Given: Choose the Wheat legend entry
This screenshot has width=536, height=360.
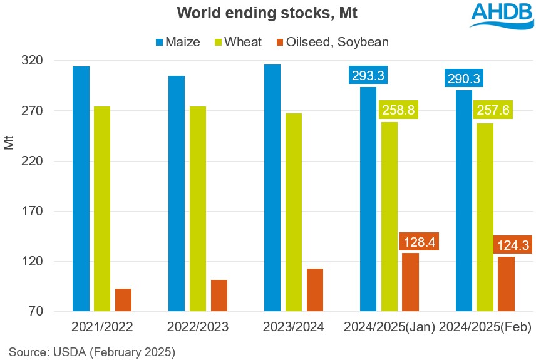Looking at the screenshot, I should point(240,42).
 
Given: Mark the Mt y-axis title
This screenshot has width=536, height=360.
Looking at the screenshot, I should point(9,142).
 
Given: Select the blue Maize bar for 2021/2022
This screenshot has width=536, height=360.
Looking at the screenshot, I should point(81,188).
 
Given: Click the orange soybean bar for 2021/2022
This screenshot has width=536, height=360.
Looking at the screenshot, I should point(123,299).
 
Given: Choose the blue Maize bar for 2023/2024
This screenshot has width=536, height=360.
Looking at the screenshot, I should point(272,188).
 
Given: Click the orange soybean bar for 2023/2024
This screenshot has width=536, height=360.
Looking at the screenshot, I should point(315,289).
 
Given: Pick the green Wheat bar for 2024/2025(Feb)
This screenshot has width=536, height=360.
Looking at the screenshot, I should point(485,217).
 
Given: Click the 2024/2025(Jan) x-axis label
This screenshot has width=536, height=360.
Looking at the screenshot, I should point(389,327).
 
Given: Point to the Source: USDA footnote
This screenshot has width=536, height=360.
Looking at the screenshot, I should point(92,351).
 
